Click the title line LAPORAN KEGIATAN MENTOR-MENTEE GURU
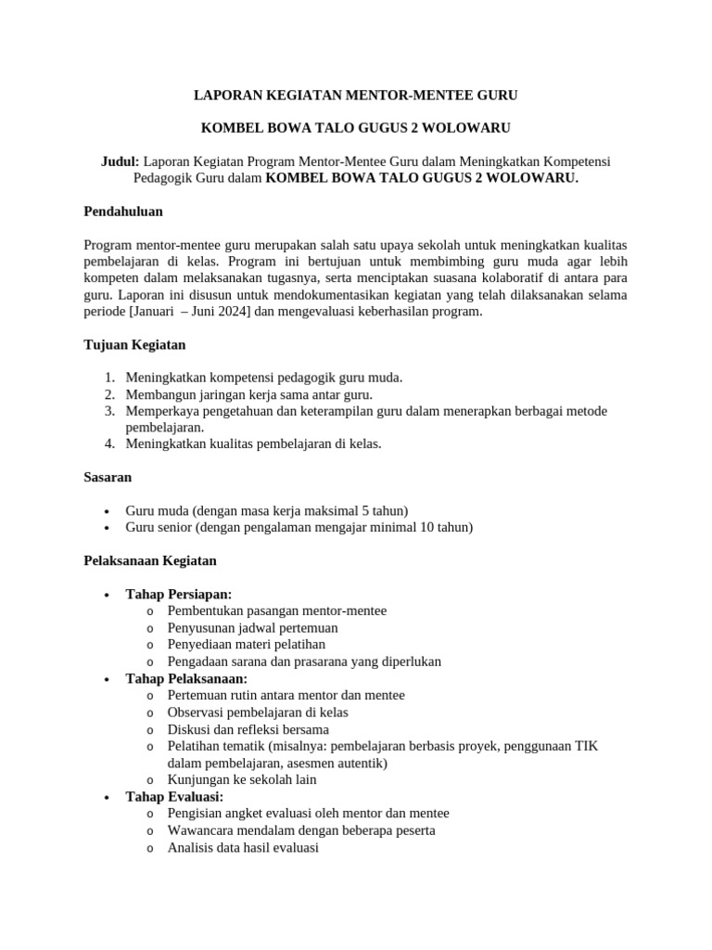click(355, 95)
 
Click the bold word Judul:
click(120, 161)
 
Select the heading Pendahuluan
click(122, 212)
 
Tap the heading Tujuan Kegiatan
click(134, 345)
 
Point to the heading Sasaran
click(108, 477)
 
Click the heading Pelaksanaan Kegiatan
click(149, 560)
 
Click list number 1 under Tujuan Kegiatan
click(108, 378)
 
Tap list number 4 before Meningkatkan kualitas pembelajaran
click(108, 443)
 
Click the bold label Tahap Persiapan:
click(179, 594)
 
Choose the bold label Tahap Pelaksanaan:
click(187, 678)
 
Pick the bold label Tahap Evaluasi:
click(174, 796)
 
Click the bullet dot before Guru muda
click(108, 511)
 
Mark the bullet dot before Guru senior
click(108, 528)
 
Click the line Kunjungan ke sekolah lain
click(242, 779)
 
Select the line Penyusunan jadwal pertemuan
click(252, 627)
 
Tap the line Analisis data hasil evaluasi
click(243, 847)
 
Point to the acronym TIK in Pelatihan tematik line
click(586, 746)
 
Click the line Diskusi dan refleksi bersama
click(248, 729)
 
